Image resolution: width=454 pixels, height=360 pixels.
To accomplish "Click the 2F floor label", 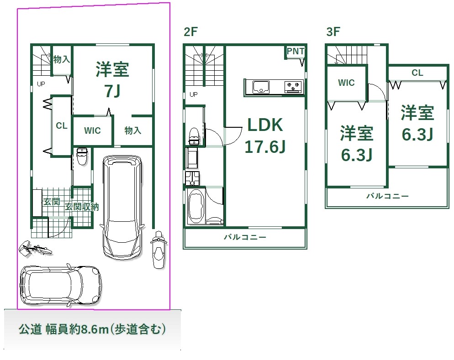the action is click(x=190, y=31).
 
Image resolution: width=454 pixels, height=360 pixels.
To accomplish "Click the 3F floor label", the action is click(x=333, y=31).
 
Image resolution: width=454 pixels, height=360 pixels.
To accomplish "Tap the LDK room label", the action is click(x=265, y=125).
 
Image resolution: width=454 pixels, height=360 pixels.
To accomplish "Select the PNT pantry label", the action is click(x=296, y=51).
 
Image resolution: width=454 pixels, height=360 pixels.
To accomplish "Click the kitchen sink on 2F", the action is click(x=261, y=87).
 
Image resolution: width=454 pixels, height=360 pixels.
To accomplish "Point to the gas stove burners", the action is click(x=293, y=87).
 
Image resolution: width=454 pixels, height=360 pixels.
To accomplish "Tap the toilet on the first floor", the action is click(x=82, y=156).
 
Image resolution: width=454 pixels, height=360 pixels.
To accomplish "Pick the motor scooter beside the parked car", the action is click(x=158, y=250).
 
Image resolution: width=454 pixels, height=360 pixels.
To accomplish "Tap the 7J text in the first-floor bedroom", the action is click(x=112, y=91).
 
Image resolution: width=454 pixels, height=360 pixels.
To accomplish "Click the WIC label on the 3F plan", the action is click(x=346, y=83).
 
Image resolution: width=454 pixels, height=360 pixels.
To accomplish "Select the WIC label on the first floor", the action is click(x=92, y=130).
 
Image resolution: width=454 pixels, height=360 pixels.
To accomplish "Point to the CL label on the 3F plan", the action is click(x=417, y=73).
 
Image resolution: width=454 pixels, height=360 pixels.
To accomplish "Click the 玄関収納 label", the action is click(x=82, y=207).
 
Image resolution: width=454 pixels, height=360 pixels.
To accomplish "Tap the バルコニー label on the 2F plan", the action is click(x=245, y=237).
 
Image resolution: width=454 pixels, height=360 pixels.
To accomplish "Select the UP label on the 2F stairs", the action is click(x=194, y=94).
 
